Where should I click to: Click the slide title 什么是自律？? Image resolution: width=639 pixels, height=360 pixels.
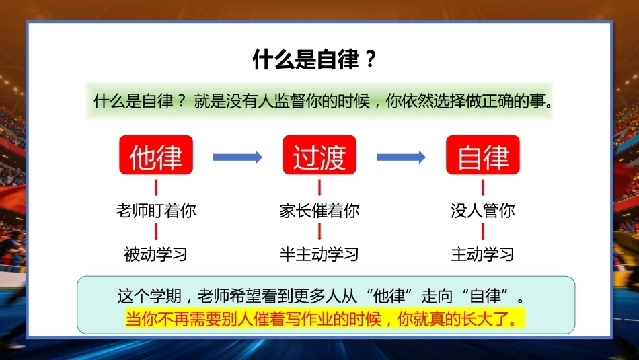pos(315,59)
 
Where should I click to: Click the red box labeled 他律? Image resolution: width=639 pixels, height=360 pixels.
pos(156,155)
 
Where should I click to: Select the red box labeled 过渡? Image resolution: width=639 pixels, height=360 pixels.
pos(319,155)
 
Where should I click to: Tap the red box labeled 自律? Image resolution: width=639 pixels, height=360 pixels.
pos(483,155)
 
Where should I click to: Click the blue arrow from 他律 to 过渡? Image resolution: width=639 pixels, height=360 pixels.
pos(237,157)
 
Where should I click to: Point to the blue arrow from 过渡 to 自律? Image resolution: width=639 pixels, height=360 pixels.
pos(401,157)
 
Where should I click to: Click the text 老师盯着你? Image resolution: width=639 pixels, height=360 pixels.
pos(156,211)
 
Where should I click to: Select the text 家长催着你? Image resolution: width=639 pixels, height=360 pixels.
pos(319,211)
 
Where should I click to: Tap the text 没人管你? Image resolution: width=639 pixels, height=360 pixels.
pos(483,211)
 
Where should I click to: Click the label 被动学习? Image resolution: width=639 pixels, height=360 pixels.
pos(155,254)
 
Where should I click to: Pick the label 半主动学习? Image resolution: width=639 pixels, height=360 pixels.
pos(319,254)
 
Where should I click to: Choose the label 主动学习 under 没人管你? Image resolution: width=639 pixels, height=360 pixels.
pos(482,254)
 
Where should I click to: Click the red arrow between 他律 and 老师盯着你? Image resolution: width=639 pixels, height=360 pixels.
pos(156,188)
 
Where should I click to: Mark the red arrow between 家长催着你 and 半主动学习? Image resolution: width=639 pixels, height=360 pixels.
pos(319,231)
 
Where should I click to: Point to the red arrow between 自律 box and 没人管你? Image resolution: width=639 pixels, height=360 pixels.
pos(483,188)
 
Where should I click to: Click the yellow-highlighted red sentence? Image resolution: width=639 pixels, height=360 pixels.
pos(325,318)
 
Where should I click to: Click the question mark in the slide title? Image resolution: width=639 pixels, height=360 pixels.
pos(371,59)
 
